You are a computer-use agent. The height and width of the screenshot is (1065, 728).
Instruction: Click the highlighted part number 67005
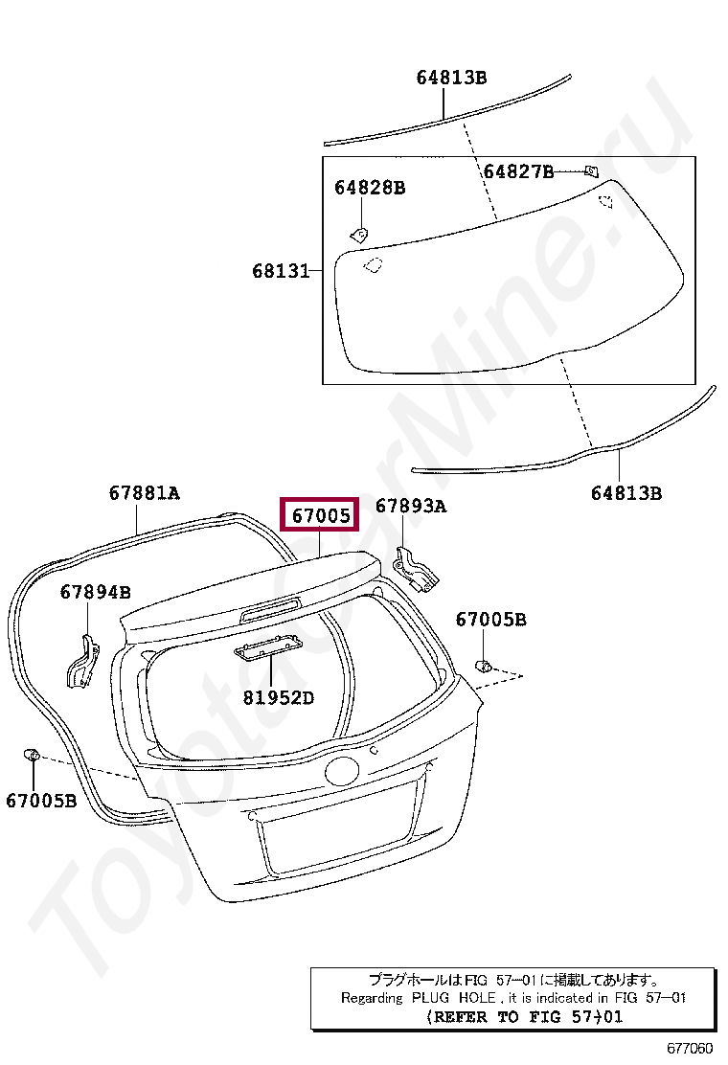tap(321, 515)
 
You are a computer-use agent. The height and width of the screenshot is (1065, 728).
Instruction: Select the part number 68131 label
tap(281, 271)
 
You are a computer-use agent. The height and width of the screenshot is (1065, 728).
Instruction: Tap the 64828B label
tap(370, 188)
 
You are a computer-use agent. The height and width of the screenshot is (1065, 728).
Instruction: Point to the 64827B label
tap(518, 171)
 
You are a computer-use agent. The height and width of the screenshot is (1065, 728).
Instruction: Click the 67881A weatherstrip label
tap(144, 492)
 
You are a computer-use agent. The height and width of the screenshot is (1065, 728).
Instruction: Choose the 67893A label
tap(411, 506)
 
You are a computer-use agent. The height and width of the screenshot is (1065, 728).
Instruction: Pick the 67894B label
tap(95, 592)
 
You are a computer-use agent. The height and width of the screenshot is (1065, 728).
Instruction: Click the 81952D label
tap(279, 697)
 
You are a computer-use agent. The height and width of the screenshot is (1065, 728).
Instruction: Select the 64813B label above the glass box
tap(451, 78)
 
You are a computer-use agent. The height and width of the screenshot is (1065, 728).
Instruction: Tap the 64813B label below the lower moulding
tap(626, 493)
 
